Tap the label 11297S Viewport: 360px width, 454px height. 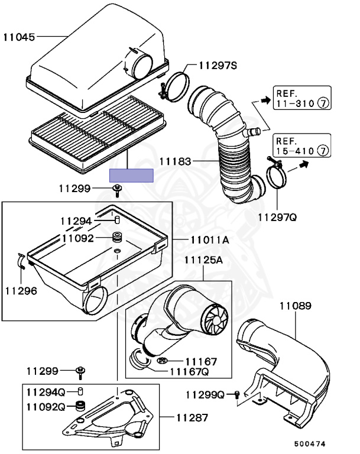[x=217, y=66]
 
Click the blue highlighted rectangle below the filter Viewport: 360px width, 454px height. [x=131, y=175]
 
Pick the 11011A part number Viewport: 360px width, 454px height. [x=210, y=240]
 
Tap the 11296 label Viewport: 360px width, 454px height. [x=21, y=290]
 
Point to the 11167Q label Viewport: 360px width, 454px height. [x=189, y=372]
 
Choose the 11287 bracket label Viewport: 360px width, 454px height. [x=192, y=417]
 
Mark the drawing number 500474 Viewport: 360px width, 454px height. [x=310, y=443]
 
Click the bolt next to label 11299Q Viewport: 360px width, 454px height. [x=236, y=394]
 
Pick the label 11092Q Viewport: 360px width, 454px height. [x=46, y=407]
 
